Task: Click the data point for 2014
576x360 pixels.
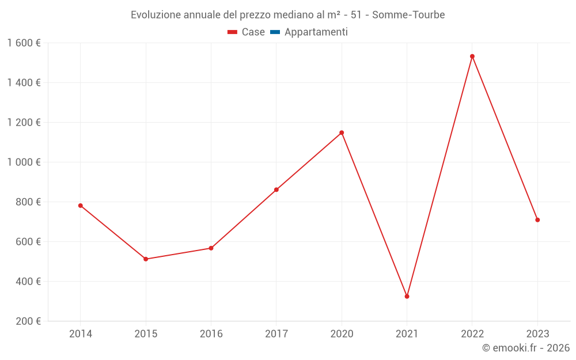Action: (80, 206)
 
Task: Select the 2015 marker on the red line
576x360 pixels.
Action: (146, 259)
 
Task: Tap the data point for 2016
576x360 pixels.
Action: (211, 248)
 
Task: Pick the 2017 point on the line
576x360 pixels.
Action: (276, 190)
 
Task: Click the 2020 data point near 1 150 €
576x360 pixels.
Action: (342, 132)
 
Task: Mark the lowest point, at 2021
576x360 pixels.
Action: (407, 297)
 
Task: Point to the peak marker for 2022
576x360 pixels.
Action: (472, 56)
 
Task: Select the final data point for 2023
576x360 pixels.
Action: (537, 220)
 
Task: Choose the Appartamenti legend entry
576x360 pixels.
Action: (316, 32)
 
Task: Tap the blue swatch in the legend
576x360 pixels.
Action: (275, 32)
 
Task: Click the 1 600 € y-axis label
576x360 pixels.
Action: (24, 43)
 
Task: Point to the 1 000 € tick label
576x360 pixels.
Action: (24, 162)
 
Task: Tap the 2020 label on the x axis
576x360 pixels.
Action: (342, 334)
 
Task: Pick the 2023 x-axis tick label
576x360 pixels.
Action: (537, 334)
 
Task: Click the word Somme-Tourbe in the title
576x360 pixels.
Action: (408, 15)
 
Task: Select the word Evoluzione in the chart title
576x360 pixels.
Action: (156, 15)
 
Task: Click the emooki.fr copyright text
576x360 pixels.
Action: (525, 348)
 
